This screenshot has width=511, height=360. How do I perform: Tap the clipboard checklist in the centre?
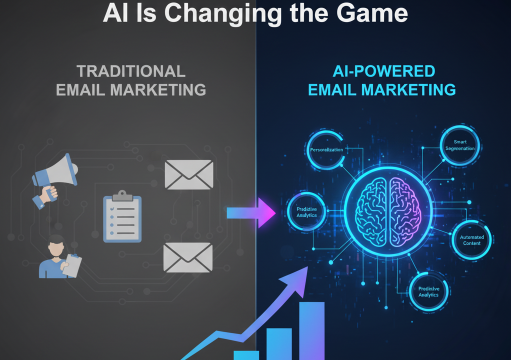click(122, 218)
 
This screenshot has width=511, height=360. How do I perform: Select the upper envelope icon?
click(189, 174)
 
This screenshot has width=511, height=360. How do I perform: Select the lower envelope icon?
click(188, 257)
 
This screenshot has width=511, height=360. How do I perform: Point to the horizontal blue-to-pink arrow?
click(250, 212)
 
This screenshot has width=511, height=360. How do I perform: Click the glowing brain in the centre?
click(388, 210)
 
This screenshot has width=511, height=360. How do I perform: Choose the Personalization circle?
click(326, 150)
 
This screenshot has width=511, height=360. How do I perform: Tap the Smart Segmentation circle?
click(460, 145)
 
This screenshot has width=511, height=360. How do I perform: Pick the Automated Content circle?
click(471, 240)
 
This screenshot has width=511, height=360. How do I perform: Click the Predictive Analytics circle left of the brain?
click(306, 212)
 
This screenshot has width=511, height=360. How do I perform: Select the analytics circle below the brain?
click(428, 291)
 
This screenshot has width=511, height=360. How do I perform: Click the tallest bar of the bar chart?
click(311, 330)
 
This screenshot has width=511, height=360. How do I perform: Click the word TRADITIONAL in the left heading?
click(131, 71)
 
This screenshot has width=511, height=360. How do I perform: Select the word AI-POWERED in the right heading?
click(383, 71)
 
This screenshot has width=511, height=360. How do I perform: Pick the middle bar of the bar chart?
click(279, 343)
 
